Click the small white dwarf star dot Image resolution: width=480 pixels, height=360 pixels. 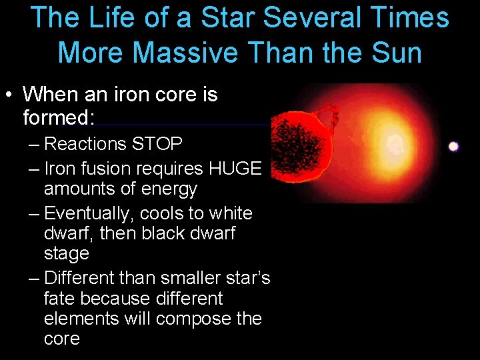[453, 147]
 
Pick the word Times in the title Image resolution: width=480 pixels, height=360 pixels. [413, 18]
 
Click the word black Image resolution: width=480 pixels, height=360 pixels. [157, 234]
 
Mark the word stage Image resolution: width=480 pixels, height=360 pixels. [66, 254]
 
